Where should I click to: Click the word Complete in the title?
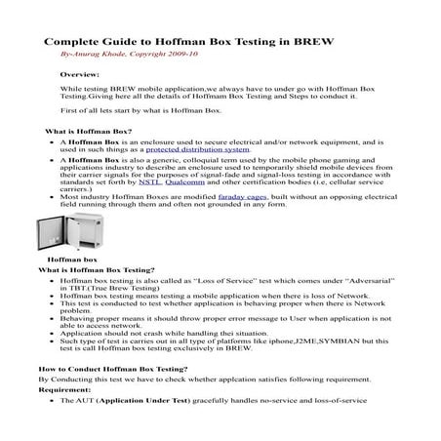pos(74,44)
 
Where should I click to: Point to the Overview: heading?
pos(79,74)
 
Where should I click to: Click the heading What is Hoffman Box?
pos(89,130)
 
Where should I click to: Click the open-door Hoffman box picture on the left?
pos(58,236)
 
